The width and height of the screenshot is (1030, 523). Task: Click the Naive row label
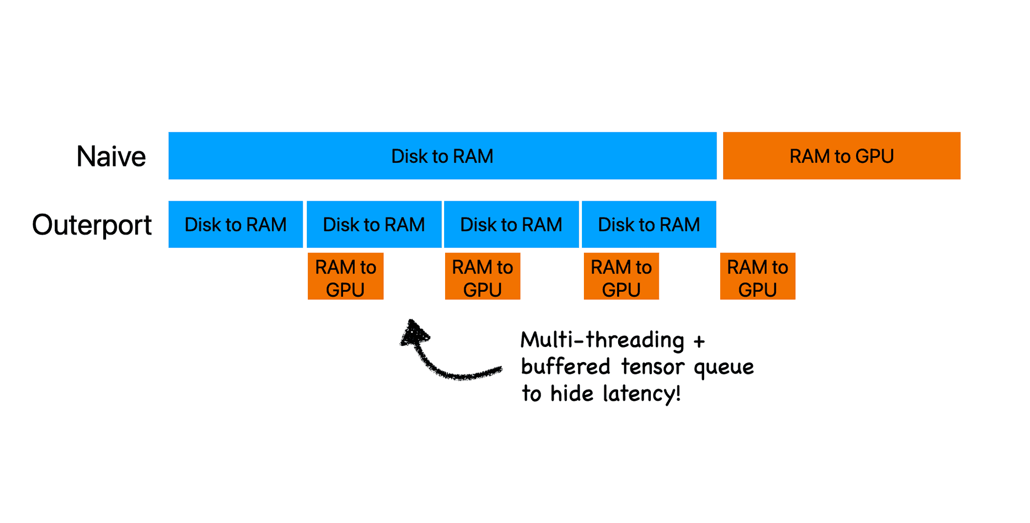(x=111, y=156)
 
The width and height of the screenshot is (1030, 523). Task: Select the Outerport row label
(x=92, y=225)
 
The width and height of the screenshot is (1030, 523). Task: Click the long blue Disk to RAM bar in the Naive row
(x=442, y=156)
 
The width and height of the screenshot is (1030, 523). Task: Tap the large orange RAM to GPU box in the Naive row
(x=841, y=156)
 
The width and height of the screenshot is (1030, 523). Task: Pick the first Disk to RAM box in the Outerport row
(x=235, y=224)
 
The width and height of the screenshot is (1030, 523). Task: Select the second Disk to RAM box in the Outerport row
(x=374, y=224)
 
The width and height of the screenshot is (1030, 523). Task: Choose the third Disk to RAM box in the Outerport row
(x=511, y=224)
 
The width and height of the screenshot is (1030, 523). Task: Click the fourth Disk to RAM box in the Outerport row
(x=649, y=224)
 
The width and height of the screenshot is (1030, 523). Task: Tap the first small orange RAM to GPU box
(x=346, y=277)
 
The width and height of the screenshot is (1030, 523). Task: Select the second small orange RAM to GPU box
(x=482, y=277)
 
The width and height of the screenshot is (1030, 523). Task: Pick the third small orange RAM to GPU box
(x=621, y=277)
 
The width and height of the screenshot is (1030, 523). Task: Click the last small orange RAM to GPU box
(x=757, y=277)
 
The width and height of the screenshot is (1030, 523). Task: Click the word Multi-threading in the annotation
(x=602, y=340)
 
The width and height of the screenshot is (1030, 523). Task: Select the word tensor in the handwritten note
(x=652, y=367)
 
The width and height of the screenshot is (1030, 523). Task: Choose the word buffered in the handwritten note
(x=565, y=367)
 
